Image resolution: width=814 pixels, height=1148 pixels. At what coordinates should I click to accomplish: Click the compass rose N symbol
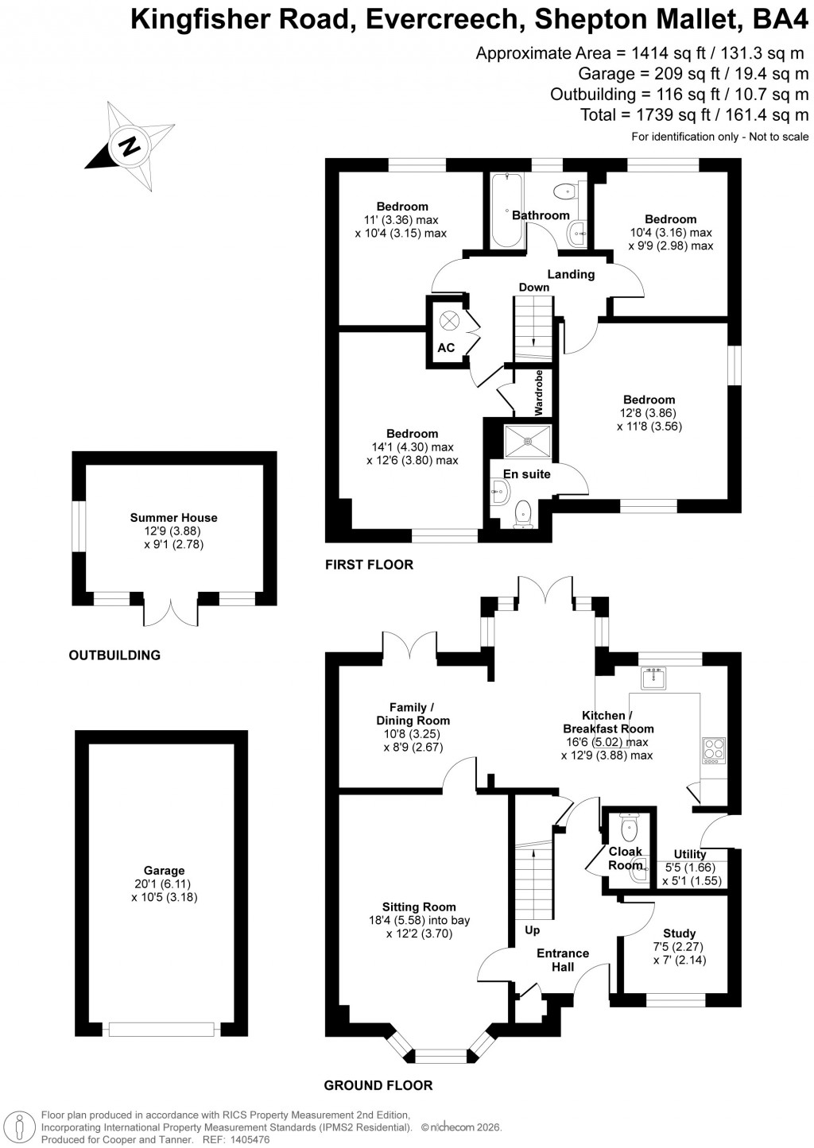coord(129,146)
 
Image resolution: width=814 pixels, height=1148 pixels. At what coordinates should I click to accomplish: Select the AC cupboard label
coord(446,348)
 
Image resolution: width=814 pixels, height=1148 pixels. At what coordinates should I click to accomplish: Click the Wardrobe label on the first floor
coord(539,392)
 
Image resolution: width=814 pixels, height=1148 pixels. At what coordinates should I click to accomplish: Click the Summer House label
coord(173,518)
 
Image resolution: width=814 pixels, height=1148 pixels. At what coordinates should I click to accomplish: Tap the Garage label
coord(164,871)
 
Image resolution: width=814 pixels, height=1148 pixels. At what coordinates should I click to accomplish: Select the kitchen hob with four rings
coord(713,750)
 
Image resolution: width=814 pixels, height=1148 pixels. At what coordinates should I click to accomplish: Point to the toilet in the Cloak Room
coord(629,829)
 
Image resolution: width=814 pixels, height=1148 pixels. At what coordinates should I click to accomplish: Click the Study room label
coord(679,933)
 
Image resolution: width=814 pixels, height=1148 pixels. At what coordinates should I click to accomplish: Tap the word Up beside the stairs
coord(532,930)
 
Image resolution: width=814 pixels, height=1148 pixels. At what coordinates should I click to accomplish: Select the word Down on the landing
coord(534,288)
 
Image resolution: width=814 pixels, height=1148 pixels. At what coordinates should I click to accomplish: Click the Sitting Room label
coord(419,906)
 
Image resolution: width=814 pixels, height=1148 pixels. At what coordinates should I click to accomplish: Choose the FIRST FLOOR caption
coord(369,565)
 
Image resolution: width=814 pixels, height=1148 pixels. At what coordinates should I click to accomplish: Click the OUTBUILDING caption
coord(114,655)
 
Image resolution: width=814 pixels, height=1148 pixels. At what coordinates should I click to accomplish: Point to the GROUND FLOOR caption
coord(378,1085)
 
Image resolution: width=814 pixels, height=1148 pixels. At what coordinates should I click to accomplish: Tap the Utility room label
coord(689,855)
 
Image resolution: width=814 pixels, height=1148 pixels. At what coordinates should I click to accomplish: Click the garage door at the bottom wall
coord(162,1029)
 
